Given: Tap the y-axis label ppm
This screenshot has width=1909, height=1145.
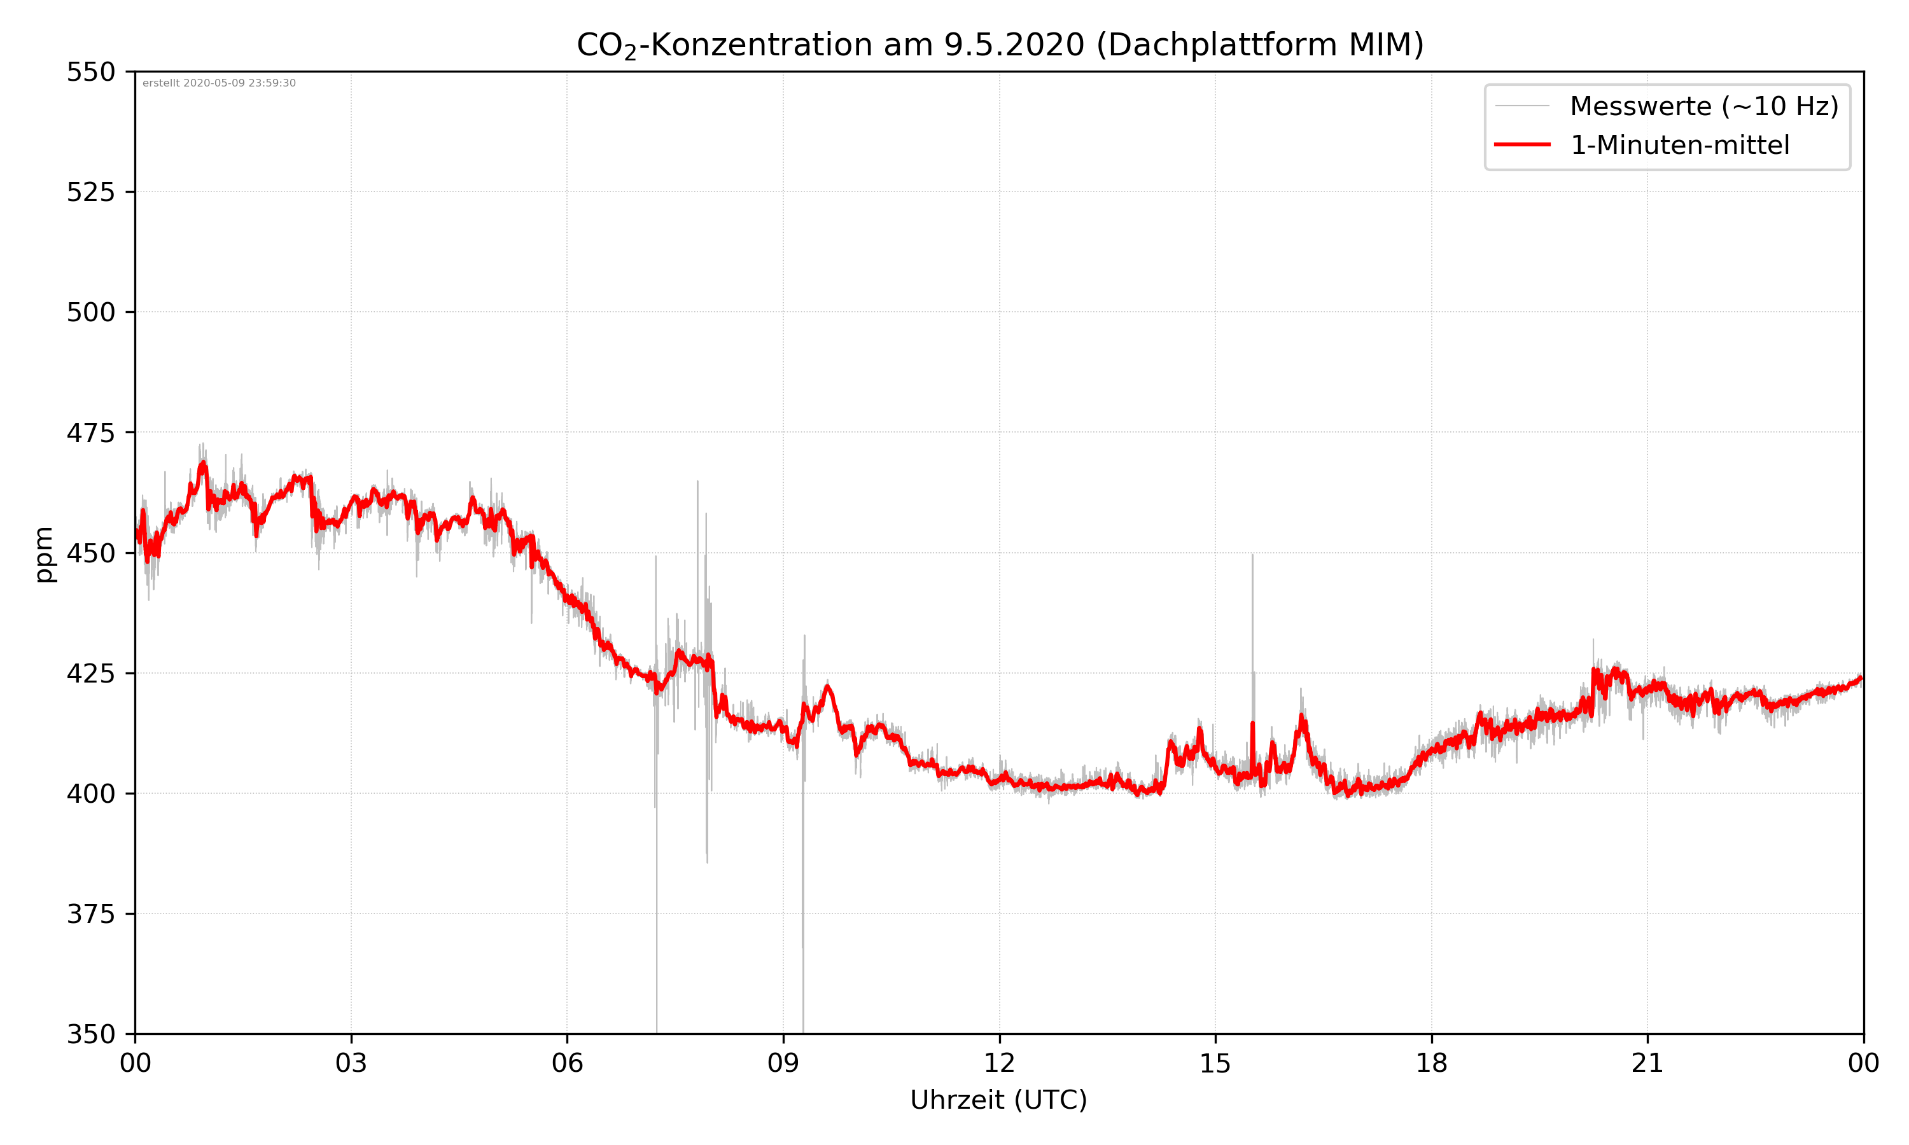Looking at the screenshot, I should click(44, 554).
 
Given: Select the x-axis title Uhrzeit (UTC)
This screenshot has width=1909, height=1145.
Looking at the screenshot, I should click(998, 1099).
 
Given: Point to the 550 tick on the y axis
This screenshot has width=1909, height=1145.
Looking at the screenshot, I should click(90, 72).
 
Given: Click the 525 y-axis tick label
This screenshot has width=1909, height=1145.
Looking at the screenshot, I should click(90, 192).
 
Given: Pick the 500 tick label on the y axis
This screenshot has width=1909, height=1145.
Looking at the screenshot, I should click(90, 312).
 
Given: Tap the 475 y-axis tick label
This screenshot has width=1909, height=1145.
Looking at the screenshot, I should click(90, 433).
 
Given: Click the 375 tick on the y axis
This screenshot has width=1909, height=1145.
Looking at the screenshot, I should click(90, 914).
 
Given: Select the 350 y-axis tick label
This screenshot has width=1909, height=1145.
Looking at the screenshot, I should click(90, 1035).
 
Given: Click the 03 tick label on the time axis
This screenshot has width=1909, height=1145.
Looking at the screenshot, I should click(351, 1063).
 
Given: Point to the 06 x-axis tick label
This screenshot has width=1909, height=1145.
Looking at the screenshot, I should click(567, 1063).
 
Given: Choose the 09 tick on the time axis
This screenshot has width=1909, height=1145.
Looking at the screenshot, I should click(783, 1063).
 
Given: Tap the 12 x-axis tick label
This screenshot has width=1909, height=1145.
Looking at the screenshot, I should click(999, 1063).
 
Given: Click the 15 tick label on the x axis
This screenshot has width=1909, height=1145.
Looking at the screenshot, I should click(1215, 1063).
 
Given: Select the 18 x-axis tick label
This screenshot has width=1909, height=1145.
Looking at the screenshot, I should click(1431, 1063).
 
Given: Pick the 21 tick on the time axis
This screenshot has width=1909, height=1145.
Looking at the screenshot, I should click(1647, 1063).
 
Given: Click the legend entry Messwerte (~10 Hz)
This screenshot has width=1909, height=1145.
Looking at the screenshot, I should click(1703, 106).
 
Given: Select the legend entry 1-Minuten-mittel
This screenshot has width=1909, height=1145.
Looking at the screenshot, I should click(1679, 145).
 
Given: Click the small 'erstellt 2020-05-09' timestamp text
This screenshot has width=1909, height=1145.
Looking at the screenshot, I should click(219, 83).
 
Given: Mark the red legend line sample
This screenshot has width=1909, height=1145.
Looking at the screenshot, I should click(1521, 144).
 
